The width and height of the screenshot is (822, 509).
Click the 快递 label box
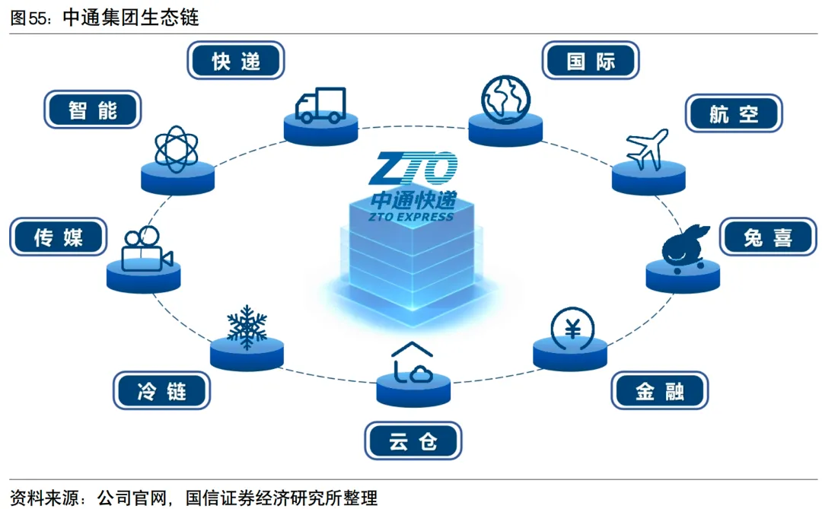pyautogui.click(x=236, y=61)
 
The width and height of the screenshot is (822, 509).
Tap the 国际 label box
pyautogui.click(x=591, y=61)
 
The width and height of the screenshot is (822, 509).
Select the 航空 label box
pyautogui.click(x=734, y=113)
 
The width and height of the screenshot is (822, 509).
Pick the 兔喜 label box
pyautogui.click(x=768, y=237)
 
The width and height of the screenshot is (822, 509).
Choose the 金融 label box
pyautogui.click(x=660, y=391)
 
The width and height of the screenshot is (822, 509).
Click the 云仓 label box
pyautogui.click(x=413, y=441)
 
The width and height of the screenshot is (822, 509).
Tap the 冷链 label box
pyautogui.click(x=161, y=391)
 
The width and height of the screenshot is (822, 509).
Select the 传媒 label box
pyautogui.click(x=57, y=237)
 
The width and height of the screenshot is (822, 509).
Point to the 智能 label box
pyautogui.click(x=93, y=110)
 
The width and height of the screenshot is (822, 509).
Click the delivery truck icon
pyautogui.click(x=320, y=105)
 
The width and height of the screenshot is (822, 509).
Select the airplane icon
pyautogui.click(x=647, y=149)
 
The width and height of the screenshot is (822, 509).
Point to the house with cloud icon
pyautogui.click(x=413, y=363)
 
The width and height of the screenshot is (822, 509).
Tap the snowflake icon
pyautogui.click(x=247, y=326)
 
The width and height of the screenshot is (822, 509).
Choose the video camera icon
pyautogui.click(x=145, y=248)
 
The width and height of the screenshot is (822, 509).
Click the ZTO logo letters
pyautogui.click(x=413, y=169)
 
